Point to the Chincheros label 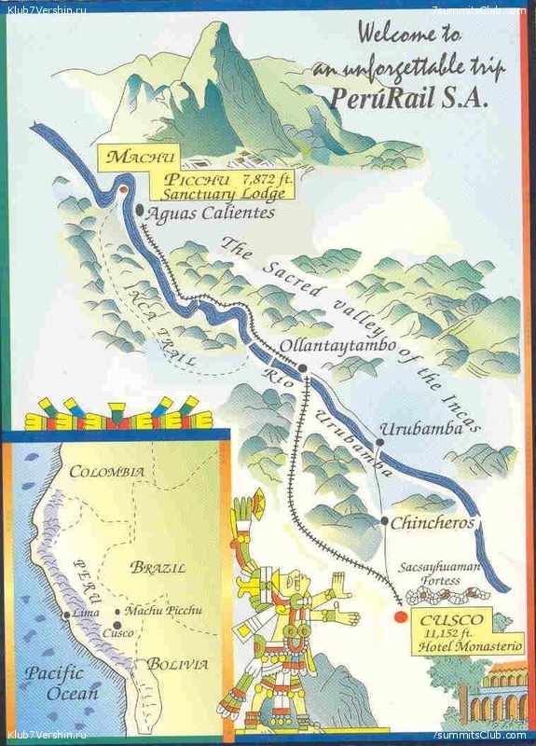click(x=433, y=523)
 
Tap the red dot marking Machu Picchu click(x=124, y=190)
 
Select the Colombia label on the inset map click(x=107, y=471)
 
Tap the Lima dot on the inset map click(x=65, y=615)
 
